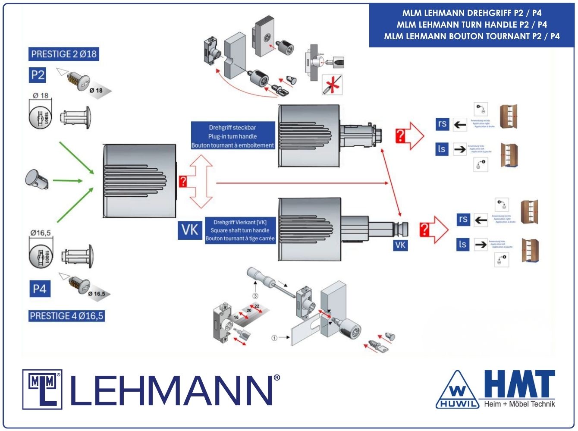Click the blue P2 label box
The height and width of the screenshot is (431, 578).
point(38,75)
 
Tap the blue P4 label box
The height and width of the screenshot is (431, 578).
point(40,289)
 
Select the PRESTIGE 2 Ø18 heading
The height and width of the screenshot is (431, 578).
point(64,54)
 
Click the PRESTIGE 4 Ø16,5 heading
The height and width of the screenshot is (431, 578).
point(66,316)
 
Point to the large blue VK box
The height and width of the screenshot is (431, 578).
point(190,230)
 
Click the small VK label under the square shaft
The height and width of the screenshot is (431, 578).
point(400,245)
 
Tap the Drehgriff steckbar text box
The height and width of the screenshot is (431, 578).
point(232,136)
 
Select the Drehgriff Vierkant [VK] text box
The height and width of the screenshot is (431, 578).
point(240,230)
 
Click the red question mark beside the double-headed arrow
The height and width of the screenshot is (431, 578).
point(183,181)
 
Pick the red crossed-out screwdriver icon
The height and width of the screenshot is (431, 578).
point(332,85)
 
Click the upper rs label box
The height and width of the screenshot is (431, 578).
point(442,124)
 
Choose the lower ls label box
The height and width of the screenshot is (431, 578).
point(462,245)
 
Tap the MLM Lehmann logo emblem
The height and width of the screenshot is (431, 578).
point(42,389)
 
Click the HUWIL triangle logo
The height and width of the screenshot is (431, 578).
point(457,390)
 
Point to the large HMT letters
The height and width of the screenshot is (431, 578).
point(519,384)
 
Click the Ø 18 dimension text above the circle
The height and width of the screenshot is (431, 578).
point(41,95)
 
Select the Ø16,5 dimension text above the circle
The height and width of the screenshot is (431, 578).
point(41,233)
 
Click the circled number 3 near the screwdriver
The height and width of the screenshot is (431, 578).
point(255,296)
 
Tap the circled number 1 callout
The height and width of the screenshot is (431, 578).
point(274,338)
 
